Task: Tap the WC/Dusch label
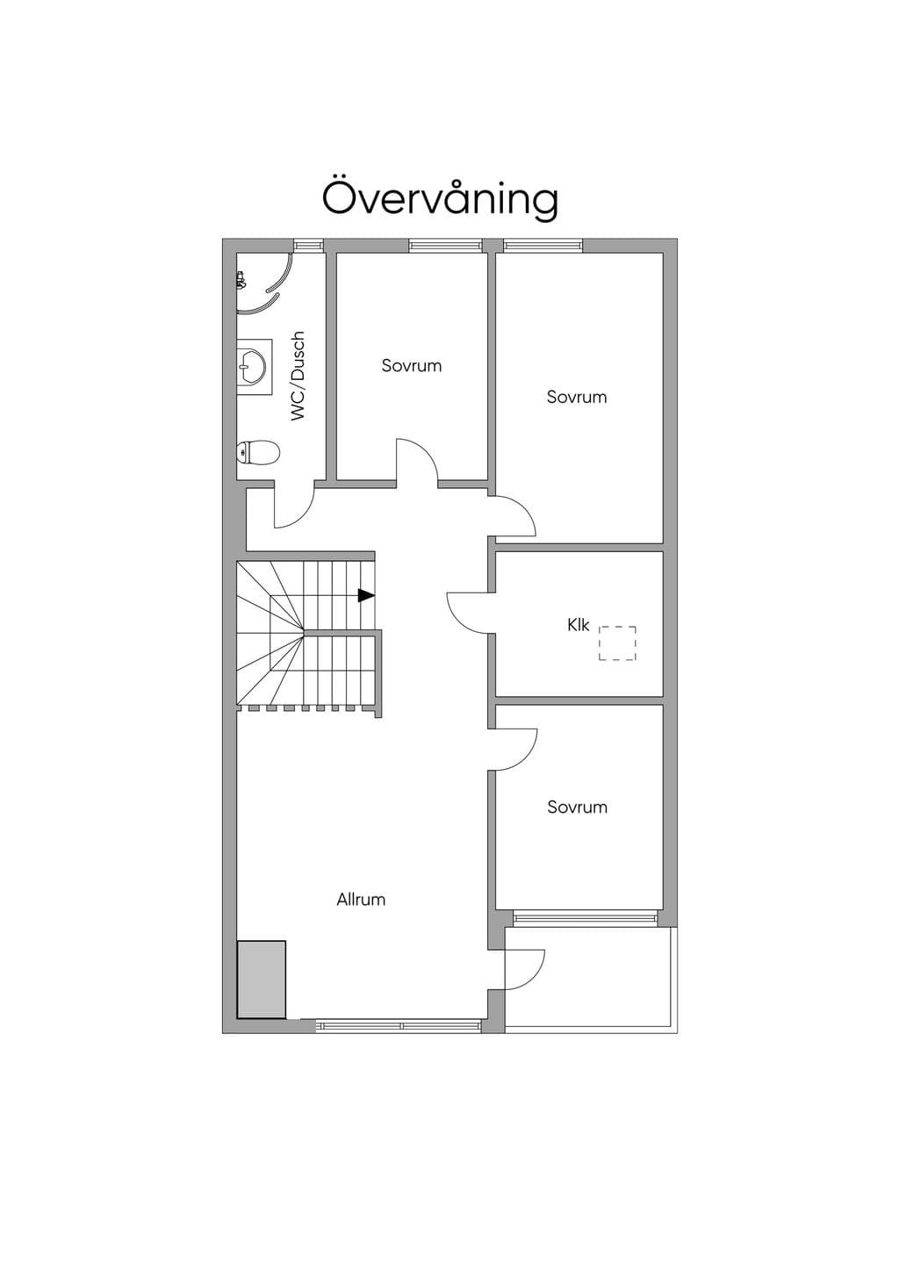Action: (298, 376)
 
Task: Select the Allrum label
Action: (361, 900)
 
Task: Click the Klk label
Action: (579, 625)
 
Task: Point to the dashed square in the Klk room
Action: (617, 643)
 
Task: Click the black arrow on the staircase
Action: (366, 595)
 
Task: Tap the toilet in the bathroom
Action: (258, 452)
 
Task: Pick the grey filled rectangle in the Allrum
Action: (261, 979)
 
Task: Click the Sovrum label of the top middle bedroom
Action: (412, 365)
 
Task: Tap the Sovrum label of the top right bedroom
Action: (577, 397)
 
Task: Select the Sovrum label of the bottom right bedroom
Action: (577, 807)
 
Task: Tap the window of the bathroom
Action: (308, 245)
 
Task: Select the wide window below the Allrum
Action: (399, 1026)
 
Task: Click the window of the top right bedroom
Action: (543, 245)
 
